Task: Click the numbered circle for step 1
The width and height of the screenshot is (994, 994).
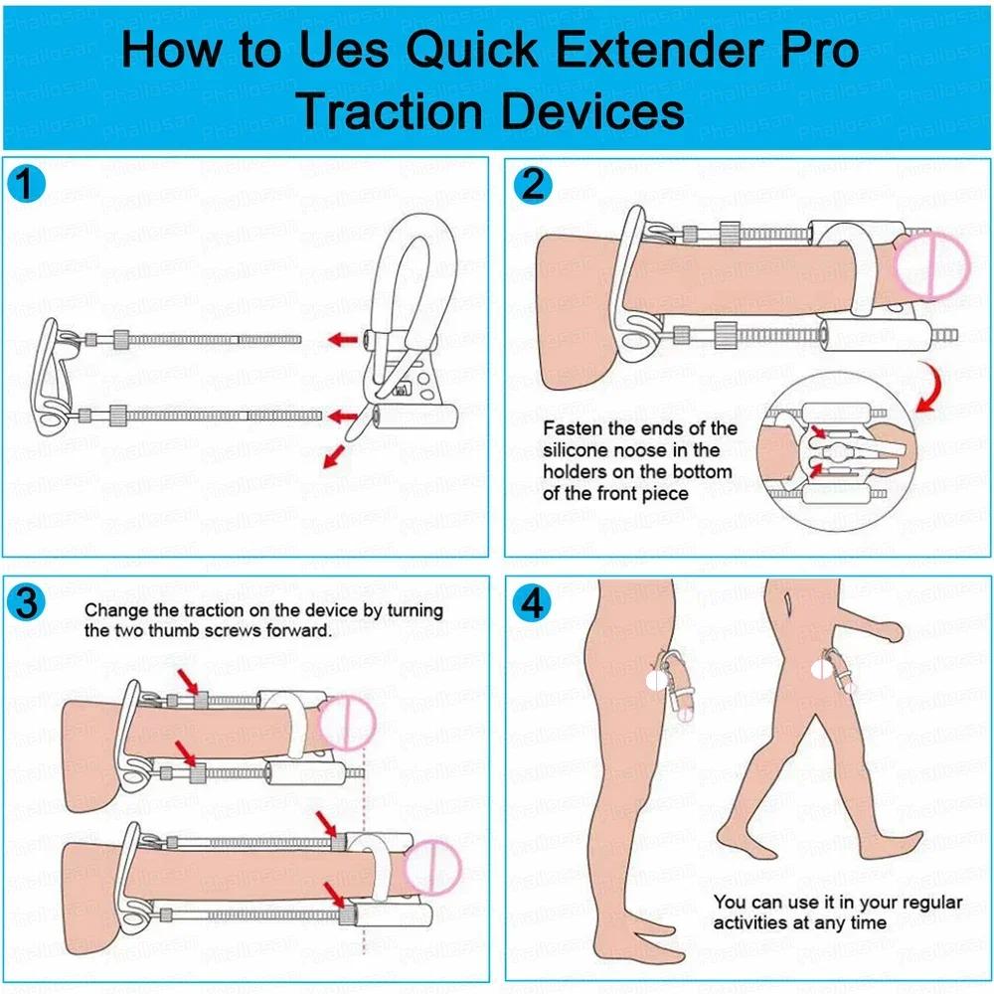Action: coord(26,185)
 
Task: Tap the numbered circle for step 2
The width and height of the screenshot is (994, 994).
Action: coord(533,185)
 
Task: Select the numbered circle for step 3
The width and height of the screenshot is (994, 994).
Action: coord(26,602)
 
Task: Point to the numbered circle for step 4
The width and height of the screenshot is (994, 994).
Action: coord(533,602)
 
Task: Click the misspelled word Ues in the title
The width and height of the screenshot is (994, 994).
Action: coord(343,50)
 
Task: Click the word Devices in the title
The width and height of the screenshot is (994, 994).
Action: coord(593,111)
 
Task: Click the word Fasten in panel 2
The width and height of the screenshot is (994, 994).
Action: coord(573,428)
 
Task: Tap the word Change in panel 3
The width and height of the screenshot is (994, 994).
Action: coord(116,610)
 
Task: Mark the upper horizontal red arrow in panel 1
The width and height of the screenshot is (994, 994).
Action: coord(343,339)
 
